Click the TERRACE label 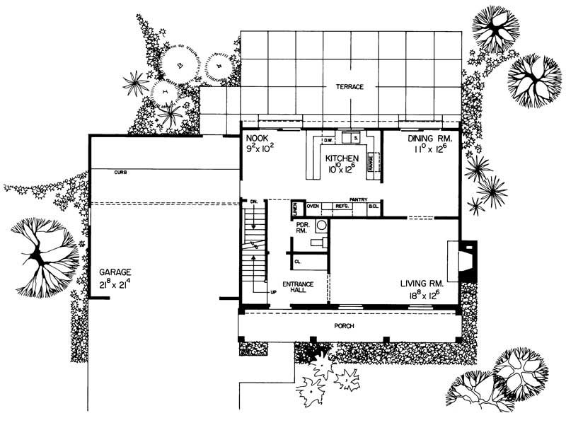[x=350, y=87]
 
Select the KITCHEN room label [x=342, y=159]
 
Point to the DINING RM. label [x=424, y=139]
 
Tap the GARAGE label [x=116, y=272]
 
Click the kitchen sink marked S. [x=357, y=138]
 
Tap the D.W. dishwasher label [x=328, y=140]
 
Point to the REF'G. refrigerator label [x=342, y=207]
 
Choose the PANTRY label [x=357, y=199]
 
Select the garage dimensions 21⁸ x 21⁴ [x=117, y=283]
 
